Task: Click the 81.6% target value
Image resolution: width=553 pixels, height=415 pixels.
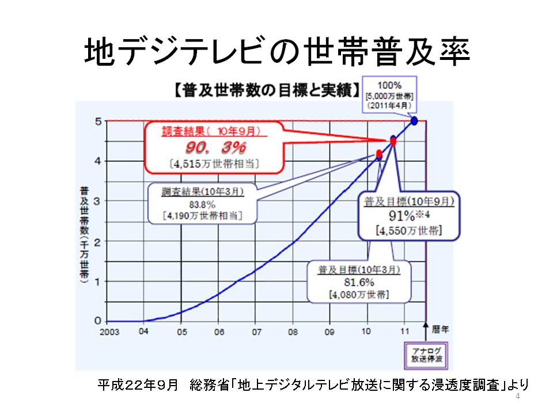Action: click(359, 282)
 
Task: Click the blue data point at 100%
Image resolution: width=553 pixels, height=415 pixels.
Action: click(414, 121)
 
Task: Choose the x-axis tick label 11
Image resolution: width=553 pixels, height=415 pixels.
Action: click(405, 331)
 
